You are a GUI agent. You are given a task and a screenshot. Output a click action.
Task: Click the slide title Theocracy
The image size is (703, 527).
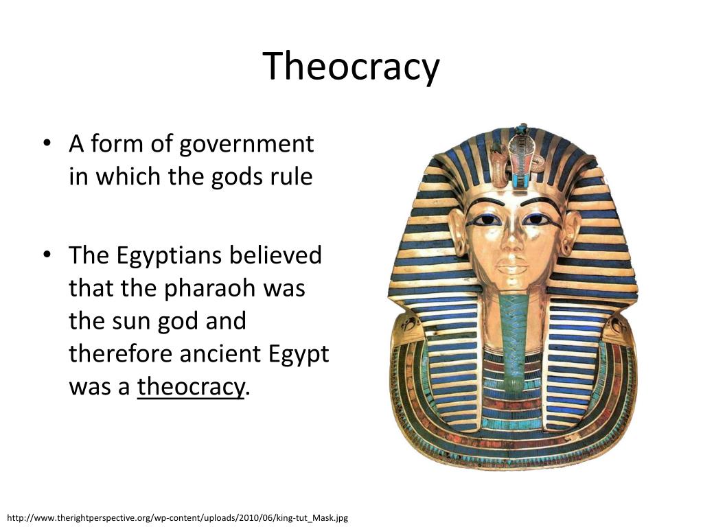pyautogui.click(x=351, y=67)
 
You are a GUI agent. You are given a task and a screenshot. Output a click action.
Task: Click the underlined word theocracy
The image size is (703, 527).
pyautogui.click(x=190, y=387)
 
